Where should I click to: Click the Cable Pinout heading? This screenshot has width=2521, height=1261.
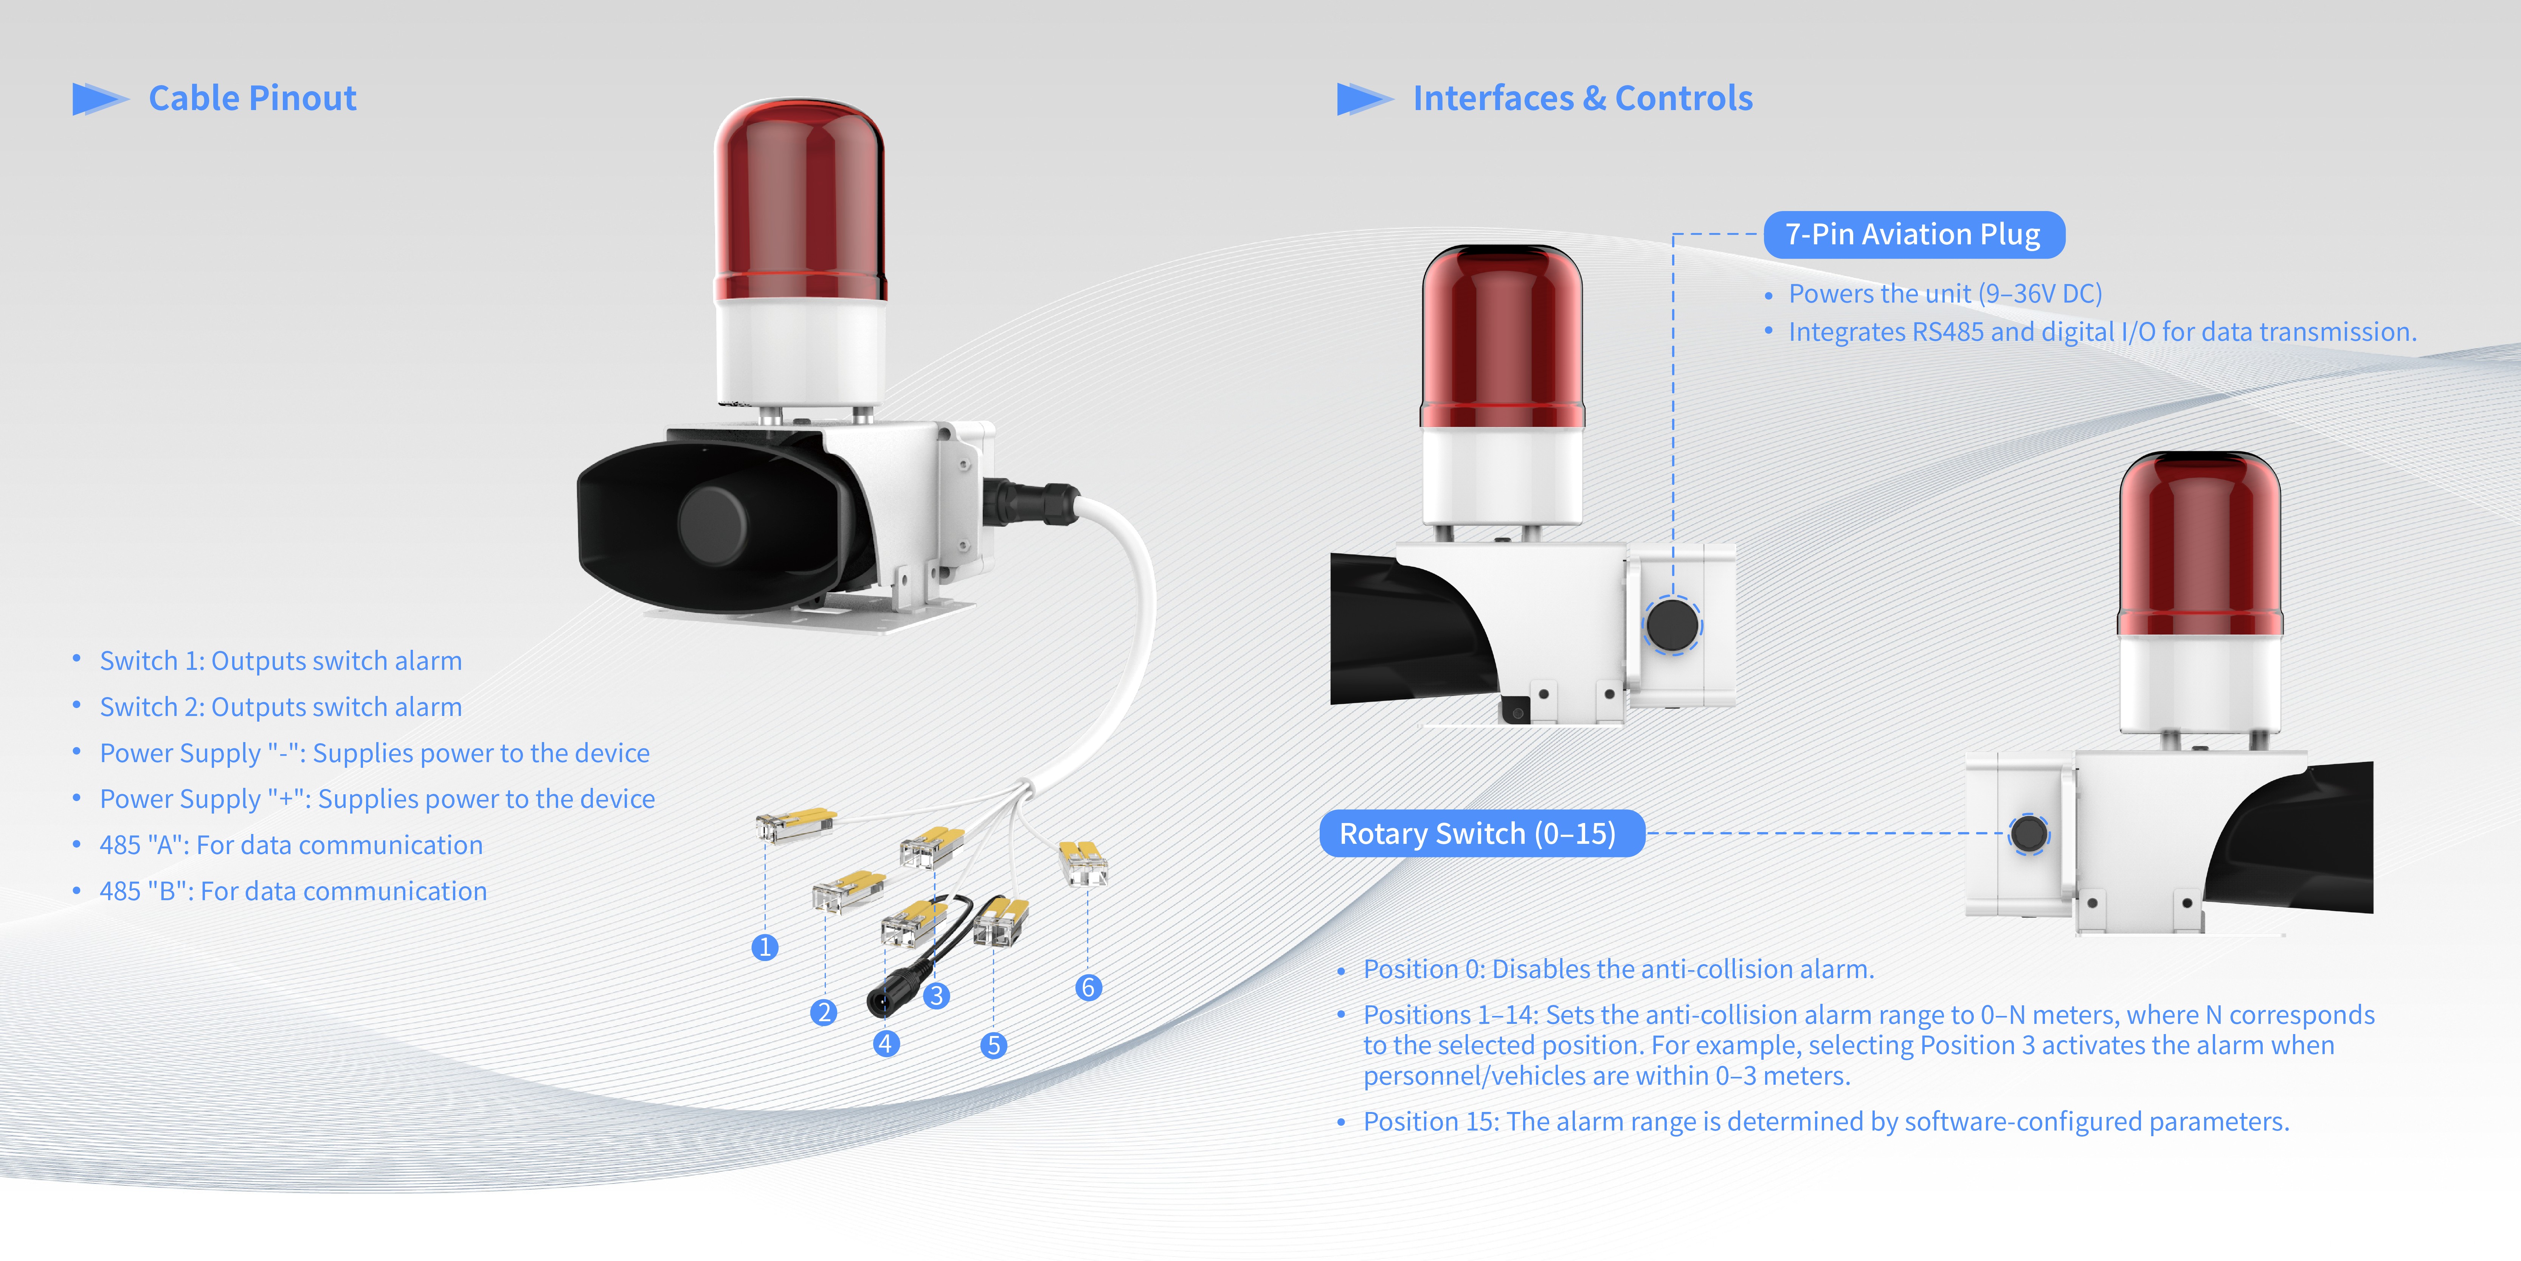point(253,98)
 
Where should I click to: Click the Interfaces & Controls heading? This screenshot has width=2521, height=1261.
point(1582,98)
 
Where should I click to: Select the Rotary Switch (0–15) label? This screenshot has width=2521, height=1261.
point(1482,833)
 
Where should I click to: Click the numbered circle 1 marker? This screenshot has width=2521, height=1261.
point(765,948)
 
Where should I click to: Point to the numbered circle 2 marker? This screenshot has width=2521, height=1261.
point(824,1013)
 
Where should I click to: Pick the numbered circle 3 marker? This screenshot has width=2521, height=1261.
point(937,996)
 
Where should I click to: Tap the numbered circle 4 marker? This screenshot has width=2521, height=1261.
point(886,1044)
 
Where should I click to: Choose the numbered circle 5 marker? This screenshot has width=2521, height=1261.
point(993,1046)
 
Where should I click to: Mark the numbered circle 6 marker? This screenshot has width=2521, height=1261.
point(1088,988)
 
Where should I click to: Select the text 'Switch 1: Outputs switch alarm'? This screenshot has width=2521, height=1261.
point(281,661)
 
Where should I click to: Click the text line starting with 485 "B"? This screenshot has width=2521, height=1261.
point(293,891)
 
